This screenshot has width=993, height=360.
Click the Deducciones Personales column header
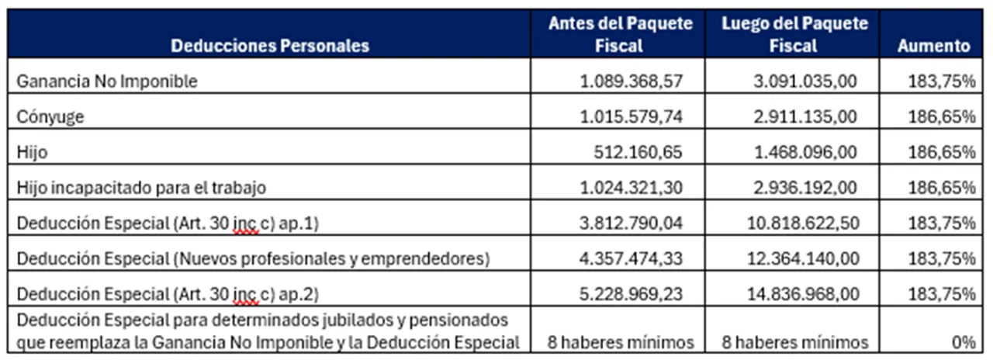pos(270,46)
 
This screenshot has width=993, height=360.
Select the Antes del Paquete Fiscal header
pos(619,35)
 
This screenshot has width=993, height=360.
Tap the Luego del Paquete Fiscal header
pos(794,35)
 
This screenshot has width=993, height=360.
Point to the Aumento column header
pos(933,46)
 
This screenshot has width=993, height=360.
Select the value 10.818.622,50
pos(798,223)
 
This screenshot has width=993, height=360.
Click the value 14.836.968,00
pos(798,294)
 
